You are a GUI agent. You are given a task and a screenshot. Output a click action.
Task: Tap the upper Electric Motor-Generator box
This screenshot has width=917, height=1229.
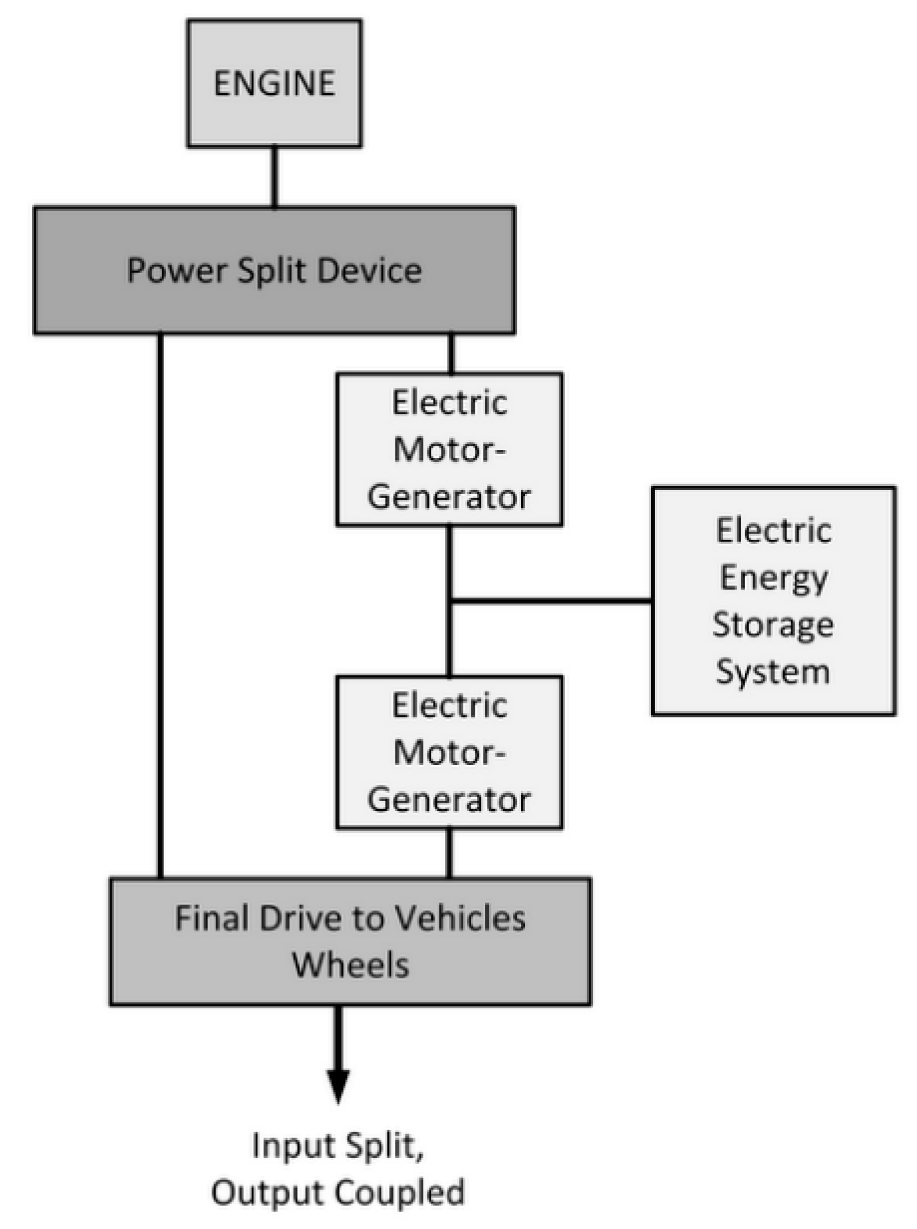click(x=449, y=449)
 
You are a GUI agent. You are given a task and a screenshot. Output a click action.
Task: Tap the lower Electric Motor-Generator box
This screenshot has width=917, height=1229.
click(x=449, y=752)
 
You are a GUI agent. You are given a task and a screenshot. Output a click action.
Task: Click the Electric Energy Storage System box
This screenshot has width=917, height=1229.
click(x=773, y=601)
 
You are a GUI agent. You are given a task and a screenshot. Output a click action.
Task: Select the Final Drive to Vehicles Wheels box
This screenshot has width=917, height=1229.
click(x=350, y=941)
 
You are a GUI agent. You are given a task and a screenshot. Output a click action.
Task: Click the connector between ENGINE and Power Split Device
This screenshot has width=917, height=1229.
click(x=274, y=177)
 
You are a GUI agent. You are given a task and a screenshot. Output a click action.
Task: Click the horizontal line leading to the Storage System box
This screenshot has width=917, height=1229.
click(x=551, y=601)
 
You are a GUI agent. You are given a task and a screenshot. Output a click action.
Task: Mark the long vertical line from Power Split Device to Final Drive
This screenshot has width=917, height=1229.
click(x=160, y=605)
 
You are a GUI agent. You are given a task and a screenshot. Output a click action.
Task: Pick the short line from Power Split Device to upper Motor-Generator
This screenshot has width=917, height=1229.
click(x=451, y=353)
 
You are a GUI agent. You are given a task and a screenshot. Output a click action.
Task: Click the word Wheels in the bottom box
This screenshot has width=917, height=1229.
click(x=350, y=965)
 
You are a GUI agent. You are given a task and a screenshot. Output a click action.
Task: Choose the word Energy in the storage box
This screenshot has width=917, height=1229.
click(x=773, y=579)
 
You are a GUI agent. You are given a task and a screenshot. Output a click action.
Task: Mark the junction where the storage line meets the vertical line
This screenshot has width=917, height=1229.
click(x=450, y=601)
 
